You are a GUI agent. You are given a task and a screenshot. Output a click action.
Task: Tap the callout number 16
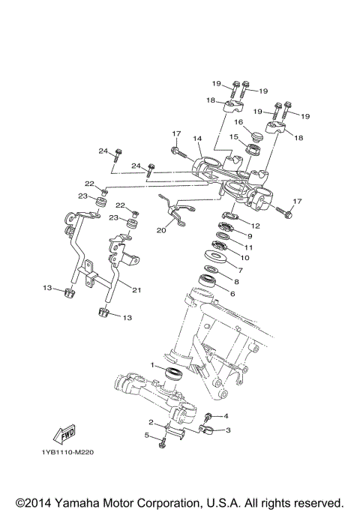(239, 121)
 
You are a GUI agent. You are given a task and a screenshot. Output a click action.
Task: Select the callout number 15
(233, 136)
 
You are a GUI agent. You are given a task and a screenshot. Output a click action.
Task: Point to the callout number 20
(161, 231)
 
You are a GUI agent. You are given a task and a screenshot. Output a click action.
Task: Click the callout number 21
(136, 290)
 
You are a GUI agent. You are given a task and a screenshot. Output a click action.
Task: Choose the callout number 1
(152, 365)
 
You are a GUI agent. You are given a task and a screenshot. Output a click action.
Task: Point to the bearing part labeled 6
(208, 283)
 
